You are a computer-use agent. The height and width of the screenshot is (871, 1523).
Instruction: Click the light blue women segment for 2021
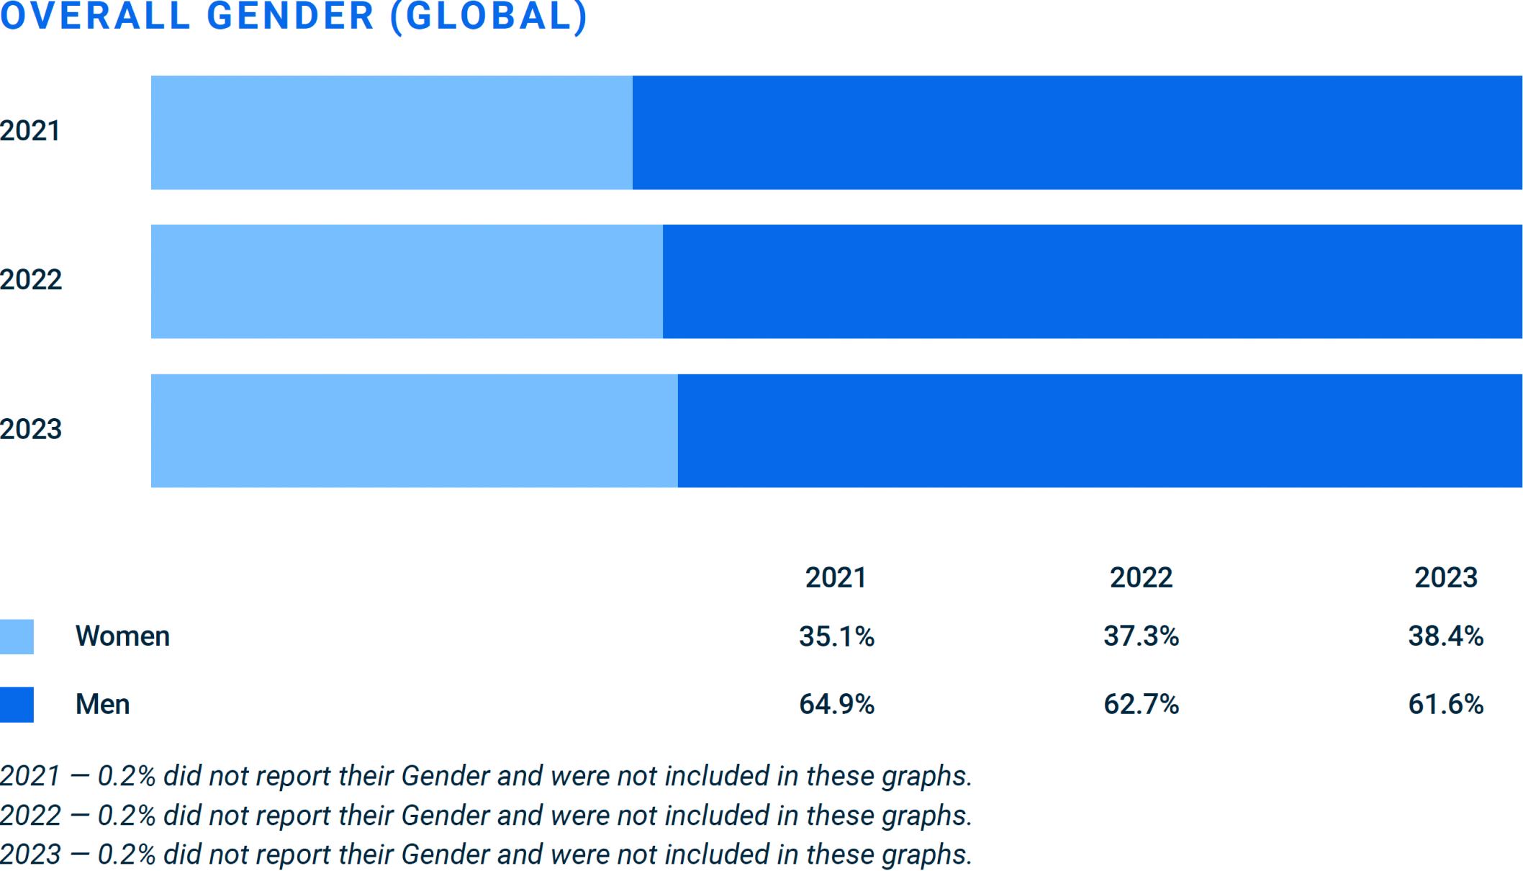pos(392,132)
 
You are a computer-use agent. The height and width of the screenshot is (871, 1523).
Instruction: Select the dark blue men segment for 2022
pos(1092,281)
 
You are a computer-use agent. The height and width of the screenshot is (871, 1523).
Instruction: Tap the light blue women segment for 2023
pos(414,430)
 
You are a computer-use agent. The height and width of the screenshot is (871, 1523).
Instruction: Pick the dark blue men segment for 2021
pos(1077,132)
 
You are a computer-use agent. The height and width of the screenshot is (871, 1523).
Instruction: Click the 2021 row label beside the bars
pos(30,131)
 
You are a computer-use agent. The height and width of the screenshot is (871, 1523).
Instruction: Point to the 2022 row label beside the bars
pos(31,280)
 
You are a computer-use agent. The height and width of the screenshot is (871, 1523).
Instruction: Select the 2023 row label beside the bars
pos(31,430)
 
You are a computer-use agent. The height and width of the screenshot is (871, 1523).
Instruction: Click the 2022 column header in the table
pos(1141,578)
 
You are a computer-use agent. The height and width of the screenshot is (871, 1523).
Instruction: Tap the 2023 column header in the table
pos(1445,578)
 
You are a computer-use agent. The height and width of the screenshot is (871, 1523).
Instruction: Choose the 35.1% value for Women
pos(836,637)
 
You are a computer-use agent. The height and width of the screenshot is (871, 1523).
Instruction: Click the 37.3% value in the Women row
pos(1141,637)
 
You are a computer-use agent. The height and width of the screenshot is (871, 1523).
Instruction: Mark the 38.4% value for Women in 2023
pos(1445,637)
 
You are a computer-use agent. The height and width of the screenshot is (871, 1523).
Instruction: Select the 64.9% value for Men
pos(836,705)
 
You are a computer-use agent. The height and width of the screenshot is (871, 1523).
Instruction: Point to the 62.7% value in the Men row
pos(1141,705)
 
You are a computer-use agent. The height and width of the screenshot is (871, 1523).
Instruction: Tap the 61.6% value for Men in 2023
pos(1445,705)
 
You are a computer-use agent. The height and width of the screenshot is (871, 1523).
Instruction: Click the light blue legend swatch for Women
pos(17,637)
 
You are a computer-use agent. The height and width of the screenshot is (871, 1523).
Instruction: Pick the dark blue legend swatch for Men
pos(17,705)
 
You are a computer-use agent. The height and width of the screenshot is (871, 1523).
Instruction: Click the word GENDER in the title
pos(290,16)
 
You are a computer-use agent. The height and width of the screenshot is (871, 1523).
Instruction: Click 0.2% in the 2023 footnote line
pos(126,855)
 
